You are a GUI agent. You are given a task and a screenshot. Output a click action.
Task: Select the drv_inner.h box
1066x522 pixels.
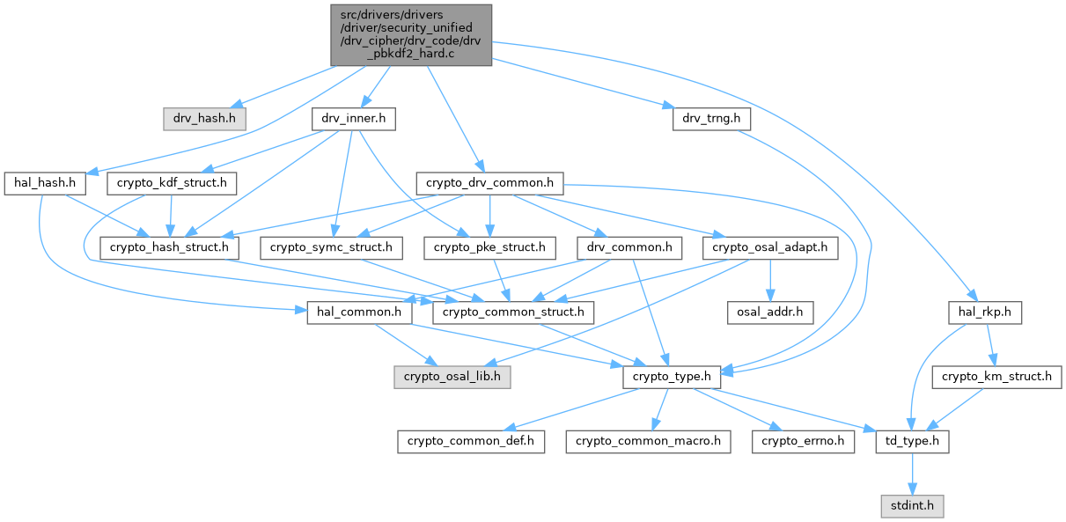point(353,117)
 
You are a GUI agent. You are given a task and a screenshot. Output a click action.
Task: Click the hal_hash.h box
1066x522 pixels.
point(44,183)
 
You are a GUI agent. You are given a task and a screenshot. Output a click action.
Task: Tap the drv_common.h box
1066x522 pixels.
point(629,248)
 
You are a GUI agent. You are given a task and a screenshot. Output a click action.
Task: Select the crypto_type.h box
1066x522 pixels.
point(672,376)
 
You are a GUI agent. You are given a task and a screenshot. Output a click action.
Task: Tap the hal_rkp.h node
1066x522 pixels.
point(984,312)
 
